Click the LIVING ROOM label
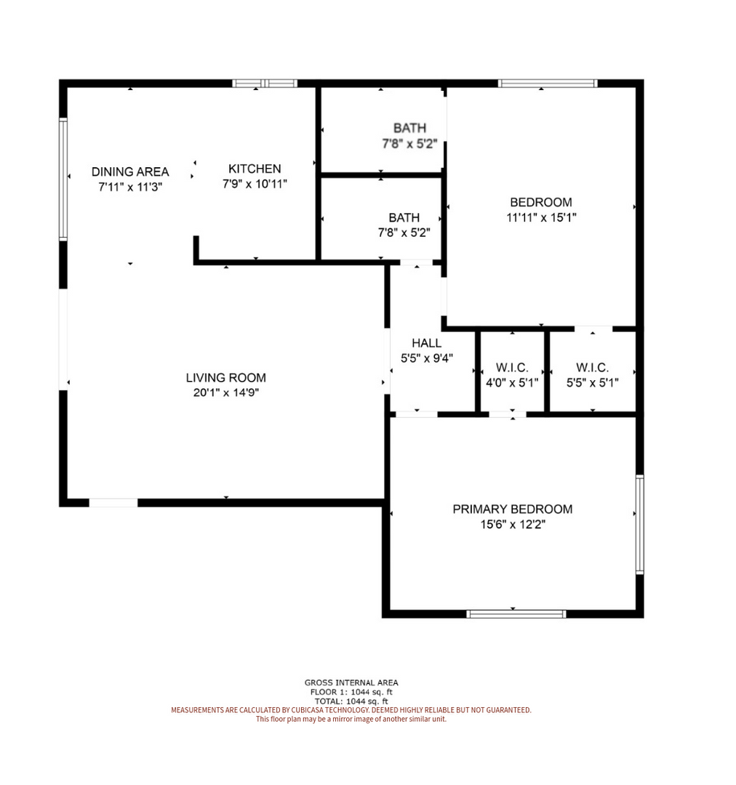pyautogui.click(x=226, y=377)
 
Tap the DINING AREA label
pyautogui.click(x=130, y=172)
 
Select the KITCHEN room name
pyautogui.click(x=255, y=169)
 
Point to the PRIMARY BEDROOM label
pyautogui.click(x=513, y=509)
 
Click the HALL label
pyautogui.click(x=426, y=343)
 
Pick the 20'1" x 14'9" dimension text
pyautogui.click(x=226, y=392)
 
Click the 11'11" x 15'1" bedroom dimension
pyautogui.click(x=541, y=217)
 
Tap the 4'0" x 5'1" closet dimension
pyautogui.click(x=512, y=383)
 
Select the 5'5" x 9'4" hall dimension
pyautogui.click(x=427, y=358)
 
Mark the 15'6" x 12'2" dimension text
pyautogui.click(x=513, y=524)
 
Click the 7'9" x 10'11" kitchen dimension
pyautogui.click(x=255, y=184)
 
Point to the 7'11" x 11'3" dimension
pyautogui.click(x=130, y=187)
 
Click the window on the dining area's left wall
pyautogui.click(x=63, y=179)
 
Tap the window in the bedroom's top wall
pyautogui.click(x=548, y=83)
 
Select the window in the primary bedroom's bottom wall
pyautogui.click(x=516, y=613)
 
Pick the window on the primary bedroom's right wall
pyautogui.click(x=640, y=524)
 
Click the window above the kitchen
pyautogui.click(x=265, y=83)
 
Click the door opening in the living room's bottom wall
pyautogui.click(x=113, y=503)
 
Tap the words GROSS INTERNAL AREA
pyautogui.click(x=351, y=683)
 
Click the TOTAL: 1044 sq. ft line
pyautogui.click(x=351, y=701)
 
